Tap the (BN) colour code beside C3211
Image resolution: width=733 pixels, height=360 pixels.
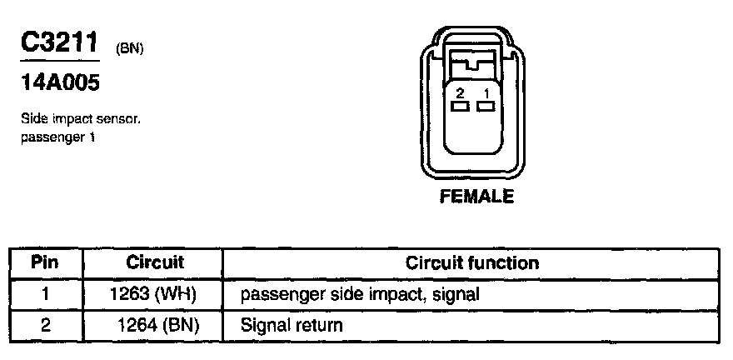click(130, 49)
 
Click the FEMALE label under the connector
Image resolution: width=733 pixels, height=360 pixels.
click(476, 197)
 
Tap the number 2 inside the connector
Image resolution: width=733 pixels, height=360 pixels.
click(459, 92)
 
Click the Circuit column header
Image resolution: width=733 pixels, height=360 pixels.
click(154, 262)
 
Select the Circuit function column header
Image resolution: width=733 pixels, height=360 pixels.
click(471, 262)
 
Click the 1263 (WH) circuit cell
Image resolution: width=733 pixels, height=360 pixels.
click(154, 293)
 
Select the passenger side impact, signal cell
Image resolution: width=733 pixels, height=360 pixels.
click(360, 293)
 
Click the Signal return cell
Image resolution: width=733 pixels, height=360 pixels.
click(291, 324)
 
